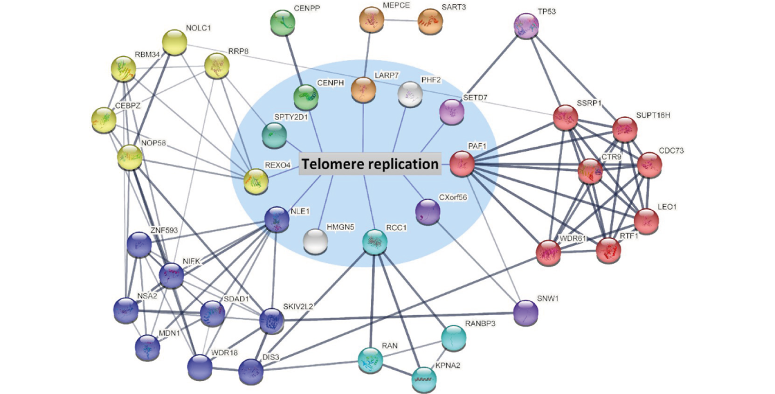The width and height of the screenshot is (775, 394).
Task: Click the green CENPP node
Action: pyautogui.click(x=282, y=23)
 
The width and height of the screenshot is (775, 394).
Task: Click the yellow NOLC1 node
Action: pyautogui.click(x=174, y=43)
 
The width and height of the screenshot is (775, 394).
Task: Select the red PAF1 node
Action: pyautogui.click(x=462, y=164)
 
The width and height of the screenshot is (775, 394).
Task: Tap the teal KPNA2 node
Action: pyautogui.click(x=423, y=378)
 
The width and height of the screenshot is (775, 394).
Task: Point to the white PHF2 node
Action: pyautogui.click(x=411, y=94)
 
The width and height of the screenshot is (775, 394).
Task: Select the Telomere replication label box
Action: pyautogui.click(x=370, y=164)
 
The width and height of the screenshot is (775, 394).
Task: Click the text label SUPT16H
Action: pyautogui.click(x=653, y=114)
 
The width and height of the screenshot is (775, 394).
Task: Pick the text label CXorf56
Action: pyautogui.click(x=454, y=197)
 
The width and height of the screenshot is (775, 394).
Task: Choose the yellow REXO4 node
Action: pyautogui.click(x=255, y=182)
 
